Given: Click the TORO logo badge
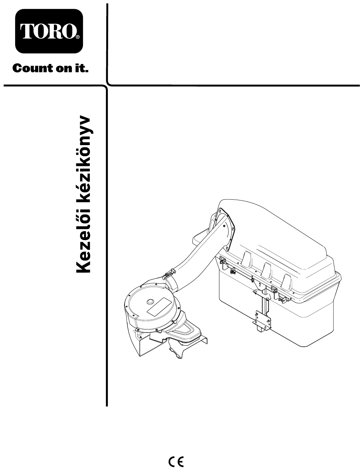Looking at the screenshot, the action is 49,31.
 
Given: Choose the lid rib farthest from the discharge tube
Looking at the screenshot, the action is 287,282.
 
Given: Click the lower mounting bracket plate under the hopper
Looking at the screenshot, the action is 262,320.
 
